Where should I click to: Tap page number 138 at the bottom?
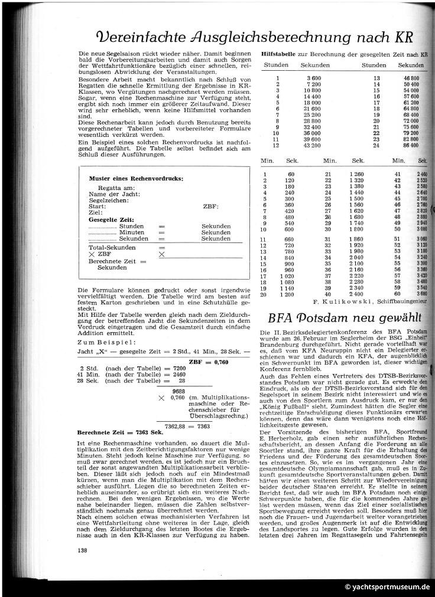82,551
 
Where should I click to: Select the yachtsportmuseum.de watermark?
388,588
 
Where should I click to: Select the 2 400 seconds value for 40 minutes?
358,294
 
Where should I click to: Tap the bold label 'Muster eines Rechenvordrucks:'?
135,178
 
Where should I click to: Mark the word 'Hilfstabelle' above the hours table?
275,54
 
